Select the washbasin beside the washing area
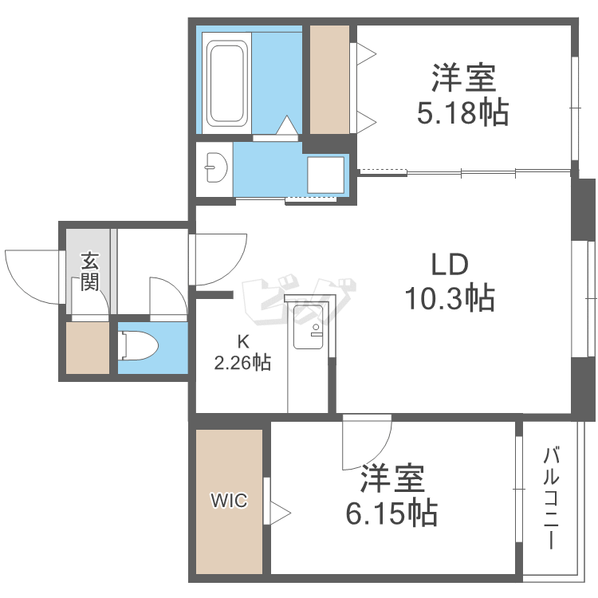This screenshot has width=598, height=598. [x=216, y=168]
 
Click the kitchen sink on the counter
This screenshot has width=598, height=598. [x=308, y=327]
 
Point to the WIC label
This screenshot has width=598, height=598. [x=229, y=501]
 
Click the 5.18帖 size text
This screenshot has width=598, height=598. [x=463, y=114]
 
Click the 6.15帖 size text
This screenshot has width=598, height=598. [x=391, y=513]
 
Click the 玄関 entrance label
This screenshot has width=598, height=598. [x=89, y=272]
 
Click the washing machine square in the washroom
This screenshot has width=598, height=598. [x=325, y=175]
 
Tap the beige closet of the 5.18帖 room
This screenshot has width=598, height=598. [x=329, y=79]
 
